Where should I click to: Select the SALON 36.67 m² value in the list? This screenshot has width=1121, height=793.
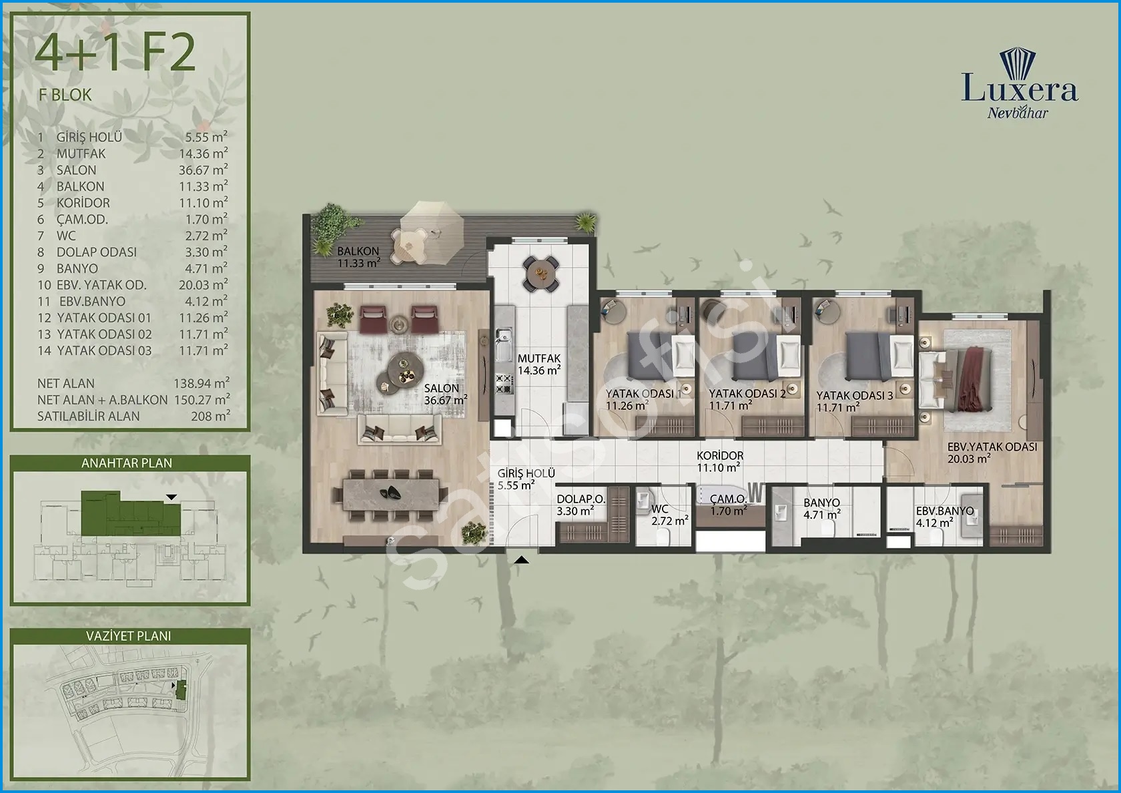(203, 170)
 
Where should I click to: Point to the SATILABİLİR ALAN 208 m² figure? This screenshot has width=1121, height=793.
(210, 415)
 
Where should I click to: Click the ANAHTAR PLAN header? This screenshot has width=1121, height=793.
(127, 463)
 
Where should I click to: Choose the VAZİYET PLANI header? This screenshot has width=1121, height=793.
(129, 635)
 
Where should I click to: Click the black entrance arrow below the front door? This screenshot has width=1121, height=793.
(522, 559)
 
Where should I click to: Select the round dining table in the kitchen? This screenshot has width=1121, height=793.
(540, 274)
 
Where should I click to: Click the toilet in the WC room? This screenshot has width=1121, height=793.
(663, 538)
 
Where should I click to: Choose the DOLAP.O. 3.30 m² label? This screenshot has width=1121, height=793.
(581, 505)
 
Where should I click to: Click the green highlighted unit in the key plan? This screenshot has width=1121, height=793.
(130, 514)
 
